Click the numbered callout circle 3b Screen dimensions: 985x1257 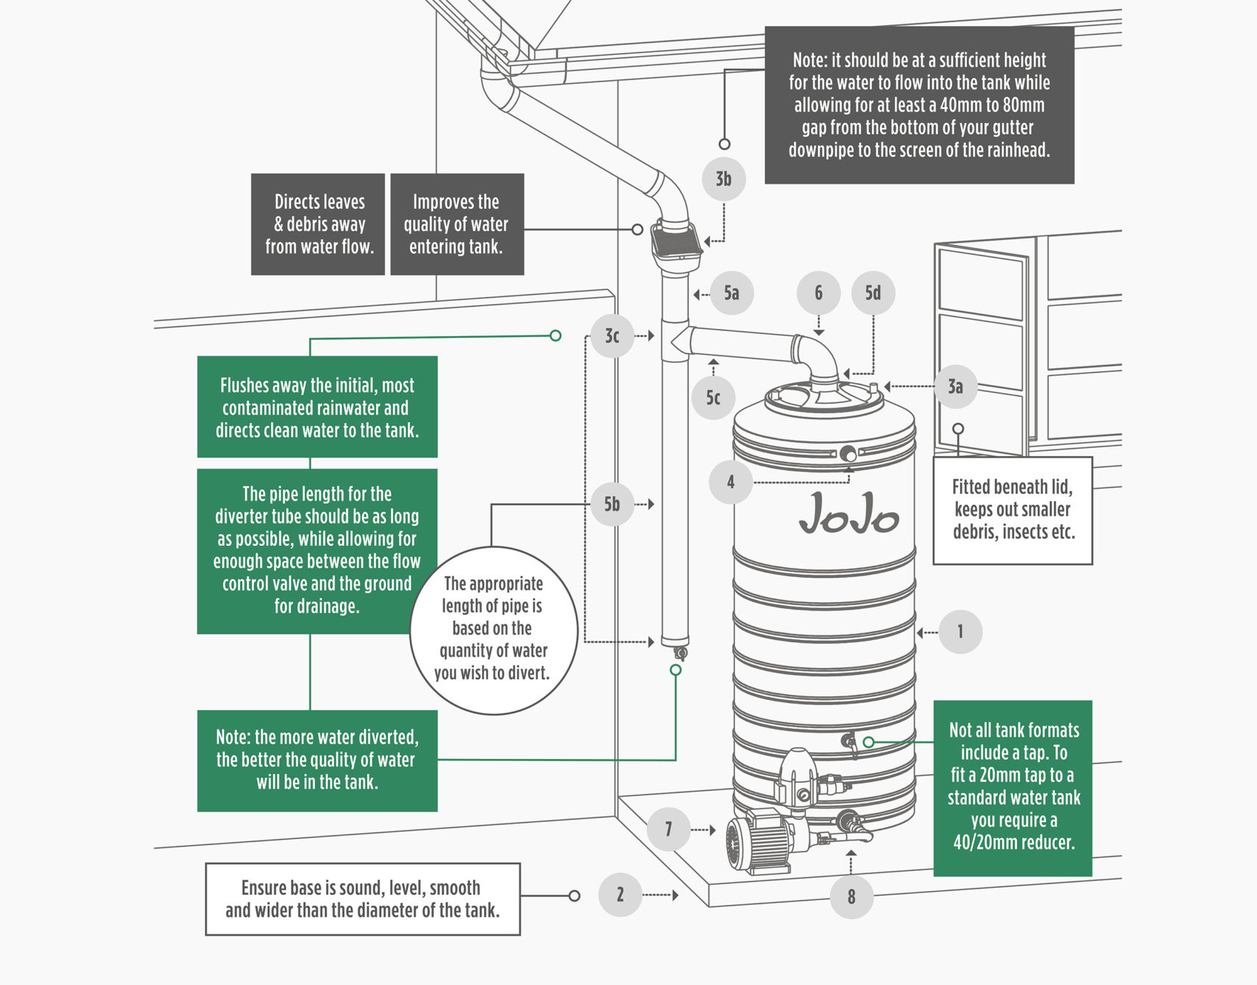click(x=723, y=178)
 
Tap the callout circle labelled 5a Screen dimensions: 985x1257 click(x=731, y=293)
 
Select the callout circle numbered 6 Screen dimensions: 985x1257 click(x=818, y=293)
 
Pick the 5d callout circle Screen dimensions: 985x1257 click(x=873, y=293)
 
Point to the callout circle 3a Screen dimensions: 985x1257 click(x=955, y=387)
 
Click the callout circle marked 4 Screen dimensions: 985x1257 click(x=731, y=482)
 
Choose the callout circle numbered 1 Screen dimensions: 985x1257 click(x=960, y=632)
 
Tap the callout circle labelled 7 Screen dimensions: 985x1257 click(x=668, y=829)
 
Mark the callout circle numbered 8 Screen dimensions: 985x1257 click(x=851, y=897)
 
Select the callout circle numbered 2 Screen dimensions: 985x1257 click(x=620, y=895)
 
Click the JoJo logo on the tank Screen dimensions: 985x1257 click(x=849, y=513)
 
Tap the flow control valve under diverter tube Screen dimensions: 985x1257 click(x=680, y=652)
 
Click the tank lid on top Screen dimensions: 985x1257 click(x=823, y=398)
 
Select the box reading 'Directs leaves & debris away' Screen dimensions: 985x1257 click(x=318, y=224)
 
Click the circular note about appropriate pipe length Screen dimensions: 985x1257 click(x=493, y=630)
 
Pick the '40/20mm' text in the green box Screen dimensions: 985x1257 click(x=983, y=842)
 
